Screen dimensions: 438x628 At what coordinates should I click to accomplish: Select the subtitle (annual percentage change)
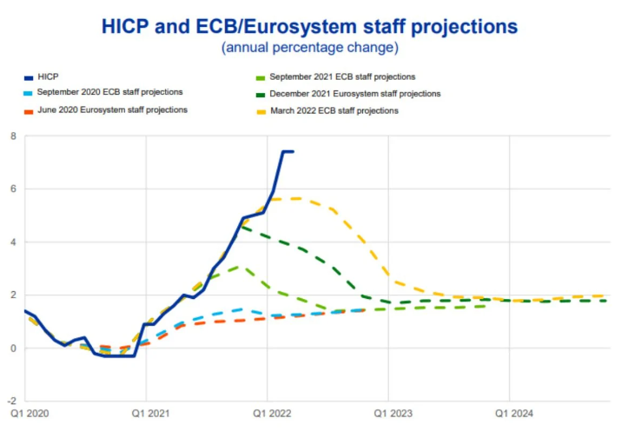pos(310,47)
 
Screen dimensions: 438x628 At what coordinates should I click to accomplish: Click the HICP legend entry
pos(49,77)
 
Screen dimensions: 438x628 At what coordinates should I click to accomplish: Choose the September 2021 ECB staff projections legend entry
pos(341,77)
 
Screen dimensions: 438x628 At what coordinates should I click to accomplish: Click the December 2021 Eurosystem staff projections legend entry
pos(354,93)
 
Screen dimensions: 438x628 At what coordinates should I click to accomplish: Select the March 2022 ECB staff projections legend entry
pos(333,110)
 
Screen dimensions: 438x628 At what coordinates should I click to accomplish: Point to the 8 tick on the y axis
pos(13,136)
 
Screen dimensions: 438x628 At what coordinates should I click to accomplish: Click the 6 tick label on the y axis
pos(13,189)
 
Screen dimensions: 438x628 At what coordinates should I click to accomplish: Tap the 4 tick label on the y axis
pos(13,242)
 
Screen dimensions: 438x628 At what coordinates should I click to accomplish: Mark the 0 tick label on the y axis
pos(13,348)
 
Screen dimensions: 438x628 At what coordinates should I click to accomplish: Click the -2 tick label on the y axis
pos(11,401)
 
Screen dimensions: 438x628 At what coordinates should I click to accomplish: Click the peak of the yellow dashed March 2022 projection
pos(297,198)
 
